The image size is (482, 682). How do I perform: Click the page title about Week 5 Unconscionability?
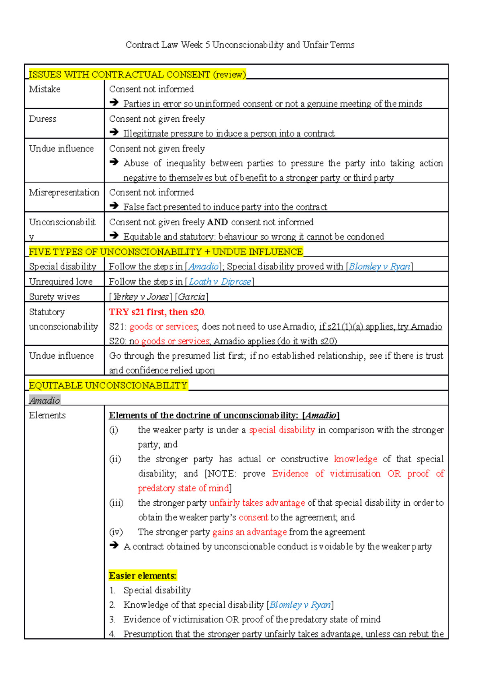pos(240,45)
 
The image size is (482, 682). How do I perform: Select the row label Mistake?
pos(45,89)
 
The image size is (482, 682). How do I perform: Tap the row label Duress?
pos(43,119)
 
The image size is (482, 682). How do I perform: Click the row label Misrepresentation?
pos(64,192)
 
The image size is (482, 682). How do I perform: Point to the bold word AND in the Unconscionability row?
pos(217,222)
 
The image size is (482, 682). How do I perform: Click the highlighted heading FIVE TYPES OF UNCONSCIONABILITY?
pos(165,252)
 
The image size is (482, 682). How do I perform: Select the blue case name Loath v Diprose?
pos(220,282)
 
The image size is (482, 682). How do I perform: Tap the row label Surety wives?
pos(54,297)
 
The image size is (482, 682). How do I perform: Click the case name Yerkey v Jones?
pos(141,297)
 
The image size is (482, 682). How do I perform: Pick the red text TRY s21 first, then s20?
pos(157,312)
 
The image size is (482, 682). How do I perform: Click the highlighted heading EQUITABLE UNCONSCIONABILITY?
pos(108,386)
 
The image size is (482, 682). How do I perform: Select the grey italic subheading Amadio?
pos(45,400)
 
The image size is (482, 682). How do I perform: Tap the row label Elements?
pos(47,415)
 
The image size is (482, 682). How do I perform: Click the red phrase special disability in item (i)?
pos(282,430)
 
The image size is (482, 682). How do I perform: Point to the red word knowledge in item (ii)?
pos(355,459)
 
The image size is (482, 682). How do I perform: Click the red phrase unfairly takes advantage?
pos(257,503)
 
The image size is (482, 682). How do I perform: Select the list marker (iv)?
pos(116,532)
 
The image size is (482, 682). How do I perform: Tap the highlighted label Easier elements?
pos(143,576)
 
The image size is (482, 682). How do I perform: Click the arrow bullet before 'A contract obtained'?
pos(114,546)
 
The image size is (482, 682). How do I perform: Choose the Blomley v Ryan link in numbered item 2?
pos(300,605)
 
